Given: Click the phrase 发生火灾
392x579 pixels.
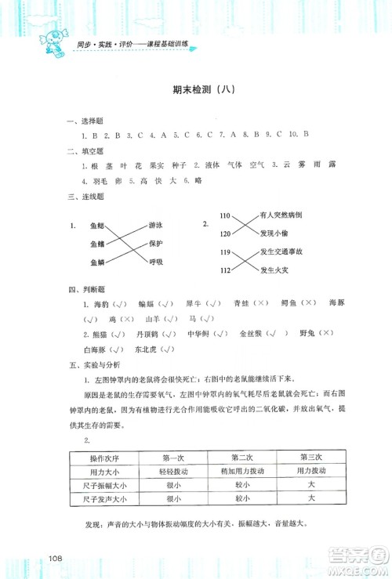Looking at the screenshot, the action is (274, 271).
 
